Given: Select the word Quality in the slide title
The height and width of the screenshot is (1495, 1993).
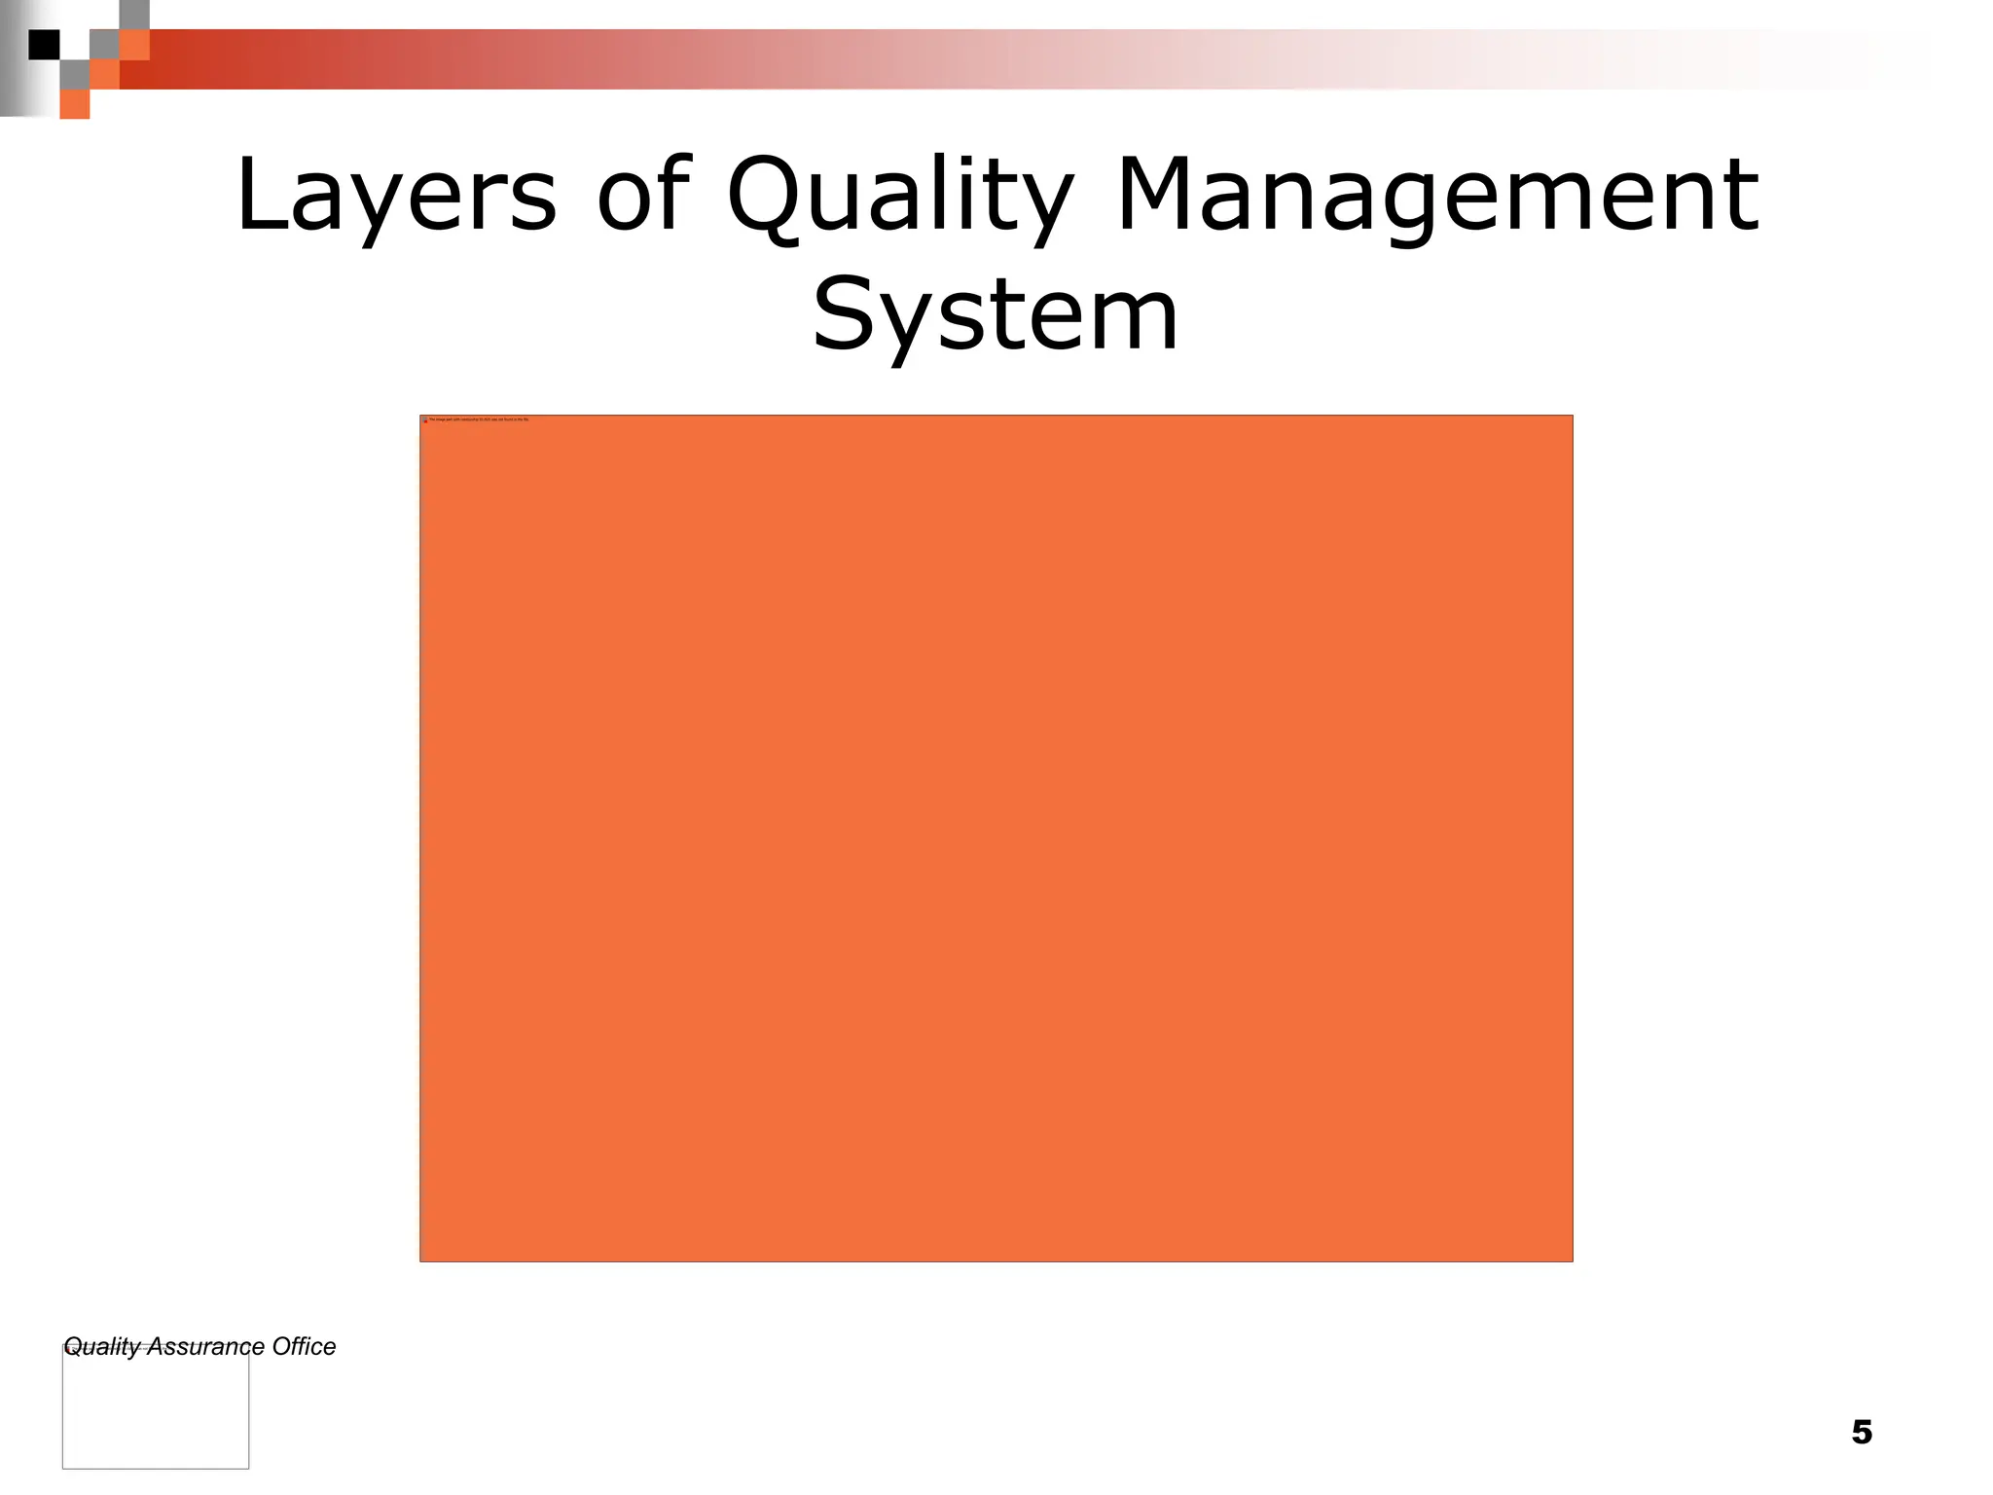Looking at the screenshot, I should point(901,200).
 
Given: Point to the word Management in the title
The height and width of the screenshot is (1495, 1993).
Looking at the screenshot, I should point(1437,200).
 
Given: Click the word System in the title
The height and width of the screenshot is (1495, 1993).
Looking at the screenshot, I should point(995,316).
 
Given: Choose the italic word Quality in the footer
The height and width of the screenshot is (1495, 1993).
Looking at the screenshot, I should point(101,1347).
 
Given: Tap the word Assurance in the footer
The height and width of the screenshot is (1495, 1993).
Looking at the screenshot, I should point(205,1347).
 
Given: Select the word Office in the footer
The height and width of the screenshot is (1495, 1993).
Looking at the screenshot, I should point(304,1347).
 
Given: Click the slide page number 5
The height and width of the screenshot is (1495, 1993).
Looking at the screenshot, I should point(1861,1432).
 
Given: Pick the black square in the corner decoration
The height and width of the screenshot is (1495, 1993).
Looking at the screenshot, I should point(44,45).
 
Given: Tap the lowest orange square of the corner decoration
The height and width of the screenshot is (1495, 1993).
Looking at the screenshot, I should point(75,104).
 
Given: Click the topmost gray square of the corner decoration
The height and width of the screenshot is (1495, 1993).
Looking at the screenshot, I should point(134,15).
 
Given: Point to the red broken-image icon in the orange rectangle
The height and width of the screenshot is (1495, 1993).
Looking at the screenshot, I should point(425,420).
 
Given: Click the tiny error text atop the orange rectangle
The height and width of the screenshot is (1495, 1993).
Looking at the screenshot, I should point(479,419).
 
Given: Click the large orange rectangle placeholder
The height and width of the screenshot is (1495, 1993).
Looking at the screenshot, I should point(996,838).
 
